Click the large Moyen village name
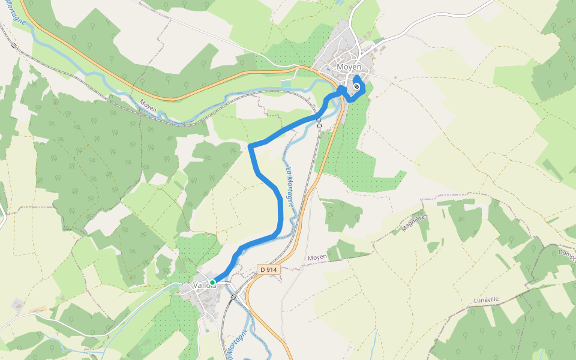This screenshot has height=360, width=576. [349, 67]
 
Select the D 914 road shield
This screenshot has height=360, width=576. [269, 270]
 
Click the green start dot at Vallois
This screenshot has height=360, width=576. [212, 282]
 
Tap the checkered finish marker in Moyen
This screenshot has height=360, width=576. [356, 87]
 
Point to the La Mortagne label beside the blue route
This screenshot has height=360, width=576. [290, 187]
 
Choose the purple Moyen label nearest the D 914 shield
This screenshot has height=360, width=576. [317, 257]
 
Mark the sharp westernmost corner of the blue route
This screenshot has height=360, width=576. [249, 145]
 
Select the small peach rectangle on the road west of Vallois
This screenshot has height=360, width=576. [37, 309]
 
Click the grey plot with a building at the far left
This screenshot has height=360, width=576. [17, 305]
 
